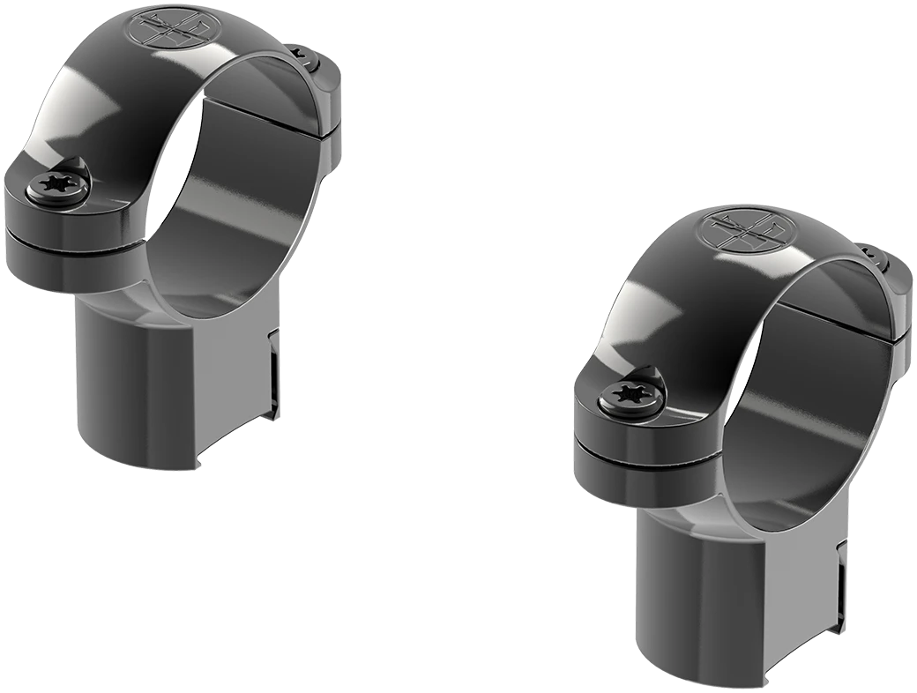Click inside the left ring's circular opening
point(229,203)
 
